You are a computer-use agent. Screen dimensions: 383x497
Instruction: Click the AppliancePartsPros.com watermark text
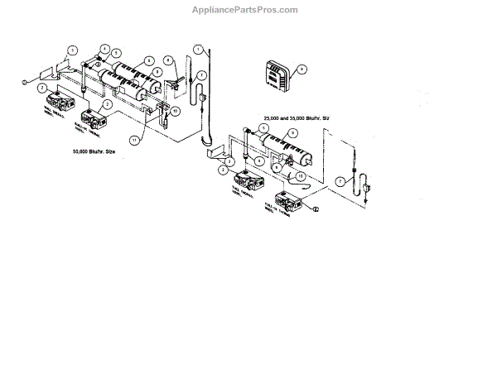[248, 10]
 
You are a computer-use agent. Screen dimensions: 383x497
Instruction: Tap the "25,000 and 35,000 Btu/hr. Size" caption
[297, 118]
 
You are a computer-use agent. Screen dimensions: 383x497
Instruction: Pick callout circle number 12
[315, 209]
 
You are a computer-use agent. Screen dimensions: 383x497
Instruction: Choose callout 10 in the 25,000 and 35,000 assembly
[301, 176]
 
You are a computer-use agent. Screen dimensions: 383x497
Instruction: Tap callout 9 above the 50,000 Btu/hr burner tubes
[148, 60]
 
